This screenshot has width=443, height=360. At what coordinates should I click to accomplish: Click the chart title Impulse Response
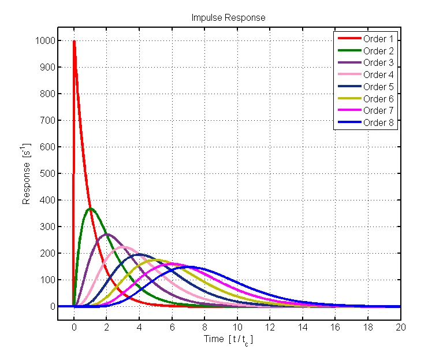[229, 18]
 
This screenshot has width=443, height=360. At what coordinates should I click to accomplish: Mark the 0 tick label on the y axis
[51, 306]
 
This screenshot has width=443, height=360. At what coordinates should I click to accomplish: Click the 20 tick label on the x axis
[401, 326]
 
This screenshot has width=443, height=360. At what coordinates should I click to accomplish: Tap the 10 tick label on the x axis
[237, 326]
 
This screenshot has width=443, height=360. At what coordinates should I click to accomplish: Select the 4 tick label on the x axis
[139, 326]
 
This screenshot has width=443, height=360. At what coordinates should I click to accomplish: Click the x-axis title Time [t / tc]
[229, 340]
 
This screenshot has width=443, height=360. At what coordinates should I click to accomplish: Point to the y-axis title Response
[27, 173]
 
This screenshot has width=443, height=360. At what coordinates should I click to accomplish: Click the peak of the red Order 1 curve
[74, 41]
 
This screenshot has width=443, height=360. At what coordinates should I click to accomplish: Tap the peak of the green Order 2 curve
[90, 209]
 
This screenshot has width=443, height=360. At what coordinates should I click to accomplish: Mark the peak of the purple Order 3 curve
[107, 234]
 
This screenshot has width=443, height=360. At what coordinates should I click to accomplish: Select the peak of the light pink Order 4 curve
[123, 247]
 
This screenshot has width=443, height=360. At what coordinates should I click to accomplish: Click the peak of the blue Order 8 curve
[188, 266]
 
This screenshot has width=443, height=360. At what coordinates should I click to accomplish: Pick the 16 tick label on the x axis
[336, 326]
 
